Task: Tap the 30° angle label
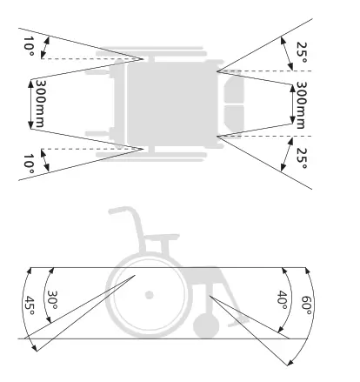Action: [54, 299]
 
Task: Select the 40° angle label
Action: [283, 302]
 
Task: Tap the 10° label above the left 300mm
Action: [30, 44]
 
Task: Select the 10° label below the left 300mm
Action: [30, 162]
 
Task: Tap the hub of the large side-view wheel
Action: [150, 295]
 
